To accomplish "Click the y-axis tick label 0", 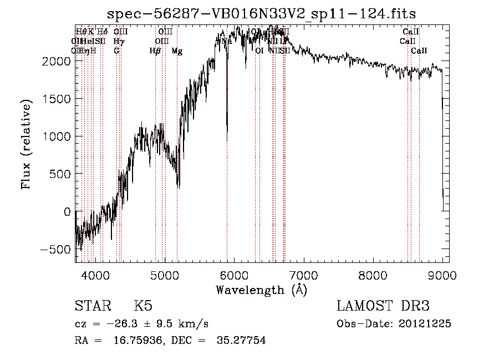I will (67, 211).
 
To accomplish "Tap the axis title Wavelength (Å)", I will (261, 290).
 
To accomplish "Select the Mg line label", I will (177, 51).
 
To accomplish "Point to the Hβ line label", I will (155, 51).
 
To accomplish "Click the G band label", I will (116, 51).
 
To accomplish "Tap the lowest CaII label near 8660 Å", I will (419, 51).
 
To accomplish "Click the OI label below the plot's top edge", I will (259, 51).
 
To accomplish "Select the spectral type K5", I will (143, 306).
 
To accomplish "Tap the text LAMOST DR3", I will (383, 306).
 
